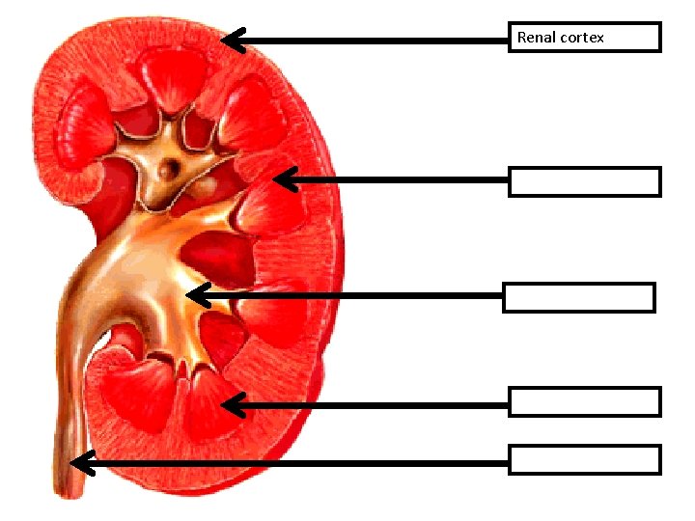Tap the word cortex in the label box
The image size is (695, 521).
click(x=581, y=38)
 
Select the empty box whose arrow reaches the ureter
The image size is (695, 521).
click(x=585, y=459)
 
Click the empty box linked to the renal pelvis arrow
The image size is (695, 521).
click(x=579, y=297)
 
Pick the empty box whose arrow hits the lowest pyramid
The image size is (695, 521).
click(x=585, y=401)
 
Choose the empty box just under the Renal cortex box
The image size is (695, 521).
click(x=585, y=181)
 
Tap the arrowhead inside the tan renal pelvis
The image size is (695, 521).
click(x=196, y=294)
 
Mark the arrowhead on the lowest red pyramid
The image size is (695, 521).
click(x=232, y=405)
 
